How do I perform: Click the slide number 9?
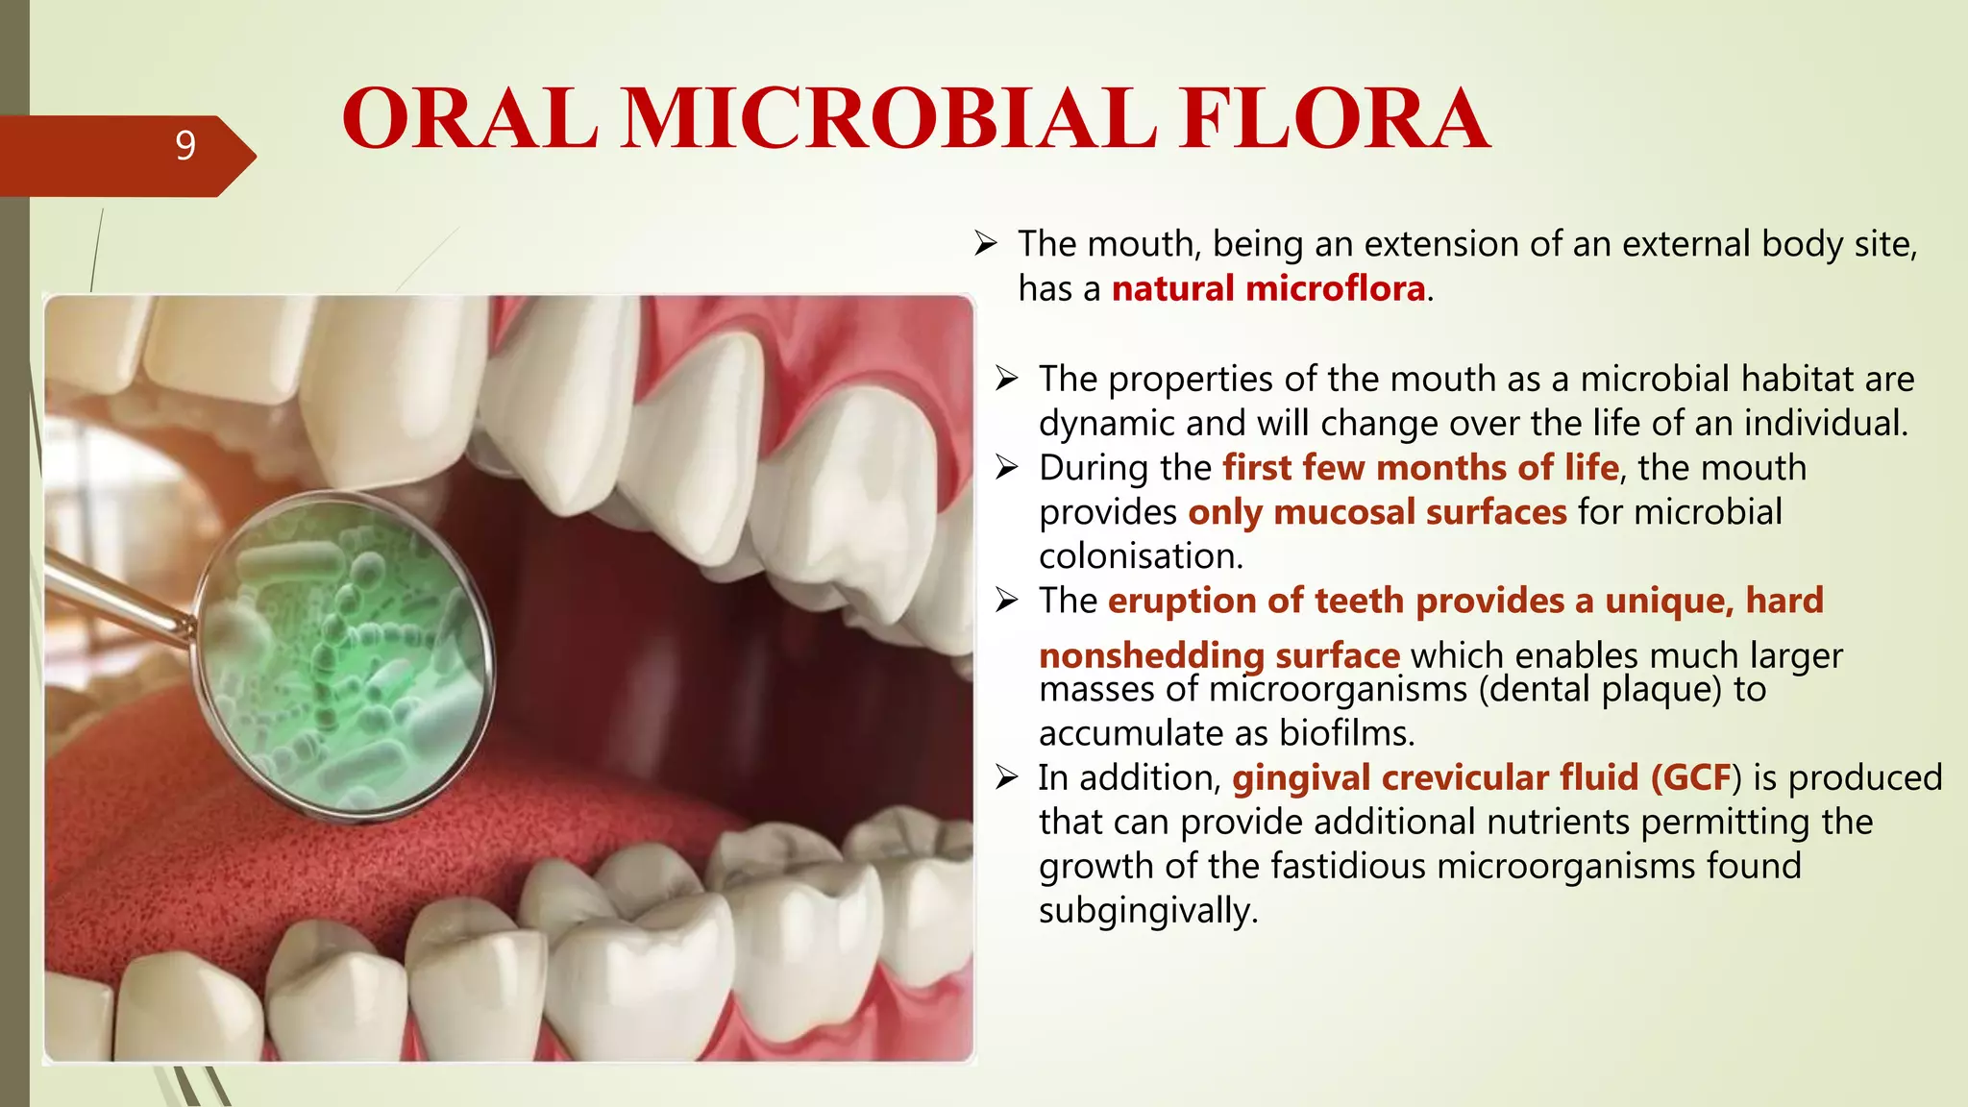coord(185,145)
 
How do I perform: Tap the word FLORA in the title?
coord(1335,119)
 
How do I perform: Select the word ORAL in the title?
coord(470,119)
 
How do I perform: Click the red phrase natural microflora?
coord(1267,288)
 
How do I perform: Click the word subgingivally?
coord(1147,910)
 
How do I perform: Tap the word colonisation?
coord(1141,555)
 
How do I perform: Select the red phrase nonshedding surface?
coord(1218,655)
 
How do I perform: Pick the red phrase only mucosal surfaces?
coord(1377,512)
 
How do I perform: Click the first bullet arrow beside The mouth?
coord(986,244)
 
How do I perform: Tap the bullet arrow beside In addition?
coord(1006,777)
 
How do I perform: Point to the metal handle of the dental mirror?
coord(115,596)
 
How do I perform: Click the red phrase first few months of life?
coord(1420,468)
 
